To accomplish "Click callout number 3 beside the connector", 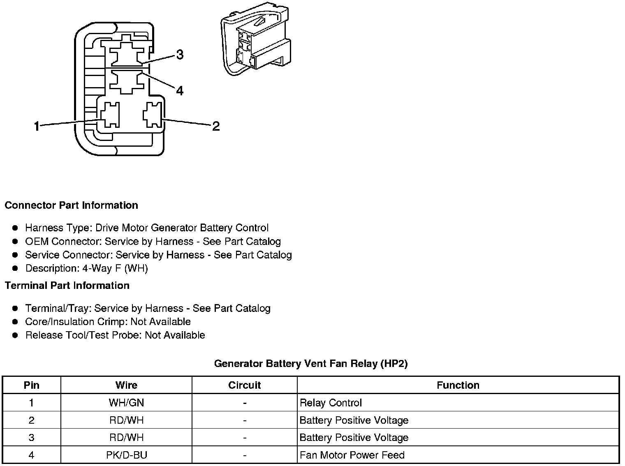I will coord(180,54).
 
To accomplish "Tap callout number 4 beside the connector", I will coord(180,90).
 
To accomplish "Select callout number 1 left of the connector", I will coord(37,126).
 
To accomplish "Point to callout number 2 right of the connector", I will coord(216,126).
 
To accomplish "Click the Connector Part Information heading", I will coord(71,205).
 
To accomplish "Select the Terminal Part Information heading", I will coord(67,285).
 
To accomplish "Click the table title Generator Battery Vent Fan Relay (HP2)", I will coord(311,363).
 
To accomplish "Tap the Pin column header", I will coord(32,385).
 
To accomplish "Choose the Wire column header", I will coord(126,385).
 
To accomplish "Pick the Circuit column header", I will coord(244,385).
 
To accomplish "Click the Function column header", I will coord(458,385).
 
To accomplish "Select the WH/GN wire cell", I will coord(126,403).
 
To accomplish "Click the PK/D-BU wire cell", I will coord(126,455).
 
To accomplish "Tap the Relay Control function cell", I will coord(331,403).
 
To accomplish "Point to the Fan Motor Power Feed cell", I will coord(352,455).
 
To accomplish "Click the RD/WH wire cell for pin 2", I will coord(126,420).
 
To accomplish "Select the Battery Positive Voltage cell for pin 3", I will coord(354,438).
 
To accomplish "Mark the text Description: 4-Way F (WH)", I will coord(86,268).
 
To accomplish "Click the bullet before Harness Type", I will coord(15,228).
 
